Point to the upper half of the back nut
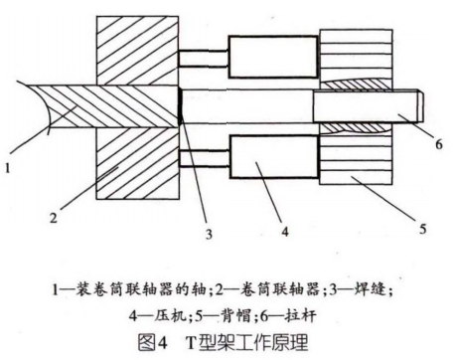click(x=354, y=54)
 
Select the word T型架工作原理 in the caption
click(x=245, y=341)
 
